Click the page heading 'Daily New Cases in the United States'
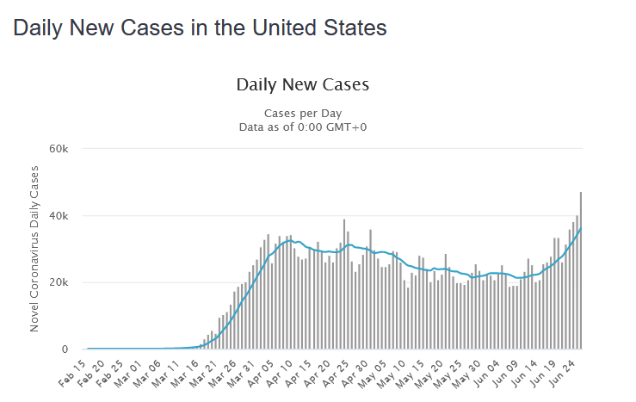coord(200,28)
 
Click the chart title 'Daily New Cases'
coord(302,84)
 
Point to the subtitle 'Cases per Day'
coord(302,114)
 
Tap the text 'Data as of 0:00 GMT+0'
coord(302,127)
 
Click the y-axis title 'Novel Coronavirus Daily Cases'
coord(35,249)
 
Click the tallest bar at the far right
coord(581,275)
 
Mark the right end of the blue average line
coord(581,228)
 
